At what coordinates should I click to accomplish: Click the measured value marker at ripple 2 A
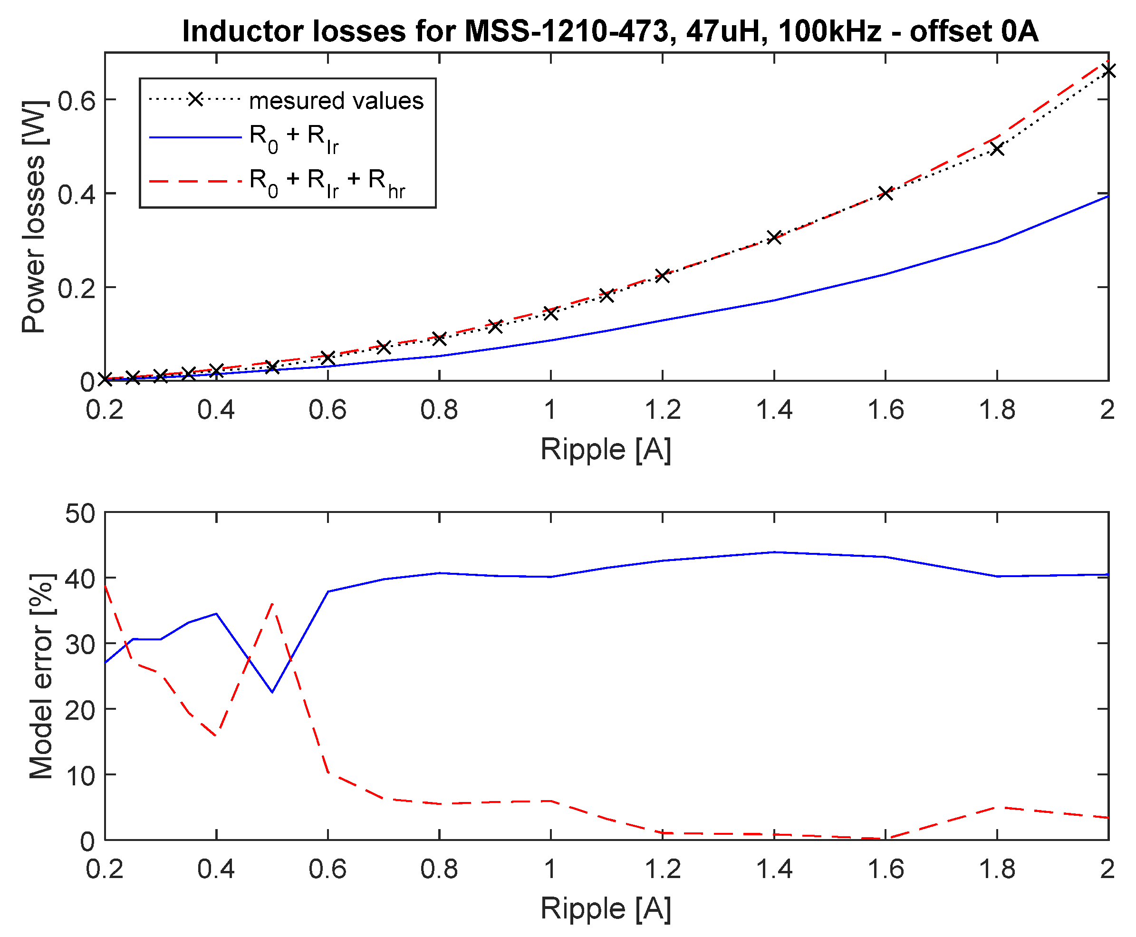(x=1108, y=71)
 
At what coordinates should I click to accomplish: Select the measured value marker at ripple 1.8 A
(x=997, y=148)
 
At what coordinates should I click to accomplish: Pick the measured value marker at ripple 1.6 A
(x=885, y=193)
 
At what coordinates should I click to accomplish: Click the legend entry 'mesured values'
(x=336, y=100)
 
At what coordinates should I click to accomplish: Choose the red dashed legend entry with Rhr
(x=327, y=182)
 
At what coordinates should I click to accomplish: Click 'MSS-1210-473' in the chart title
(x=567, y=31)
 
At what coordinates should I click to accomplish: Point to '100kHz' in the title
(x=830, y=31)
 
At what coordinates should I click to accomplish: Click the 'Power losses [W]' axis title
(x=33, y=216)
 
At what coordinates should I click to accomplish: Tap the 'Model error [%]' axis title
(x=41, y=676)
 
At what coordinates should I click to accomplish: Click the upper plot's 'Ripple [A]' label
(x=606, y=449)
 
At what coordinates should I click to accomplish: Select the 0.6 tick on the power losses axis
(x=77, y=100)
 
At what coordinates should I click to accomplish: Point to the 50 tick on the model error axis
(x=80, y=513)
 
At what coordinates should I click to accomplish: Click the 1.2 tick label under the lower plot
(x=663, y=869)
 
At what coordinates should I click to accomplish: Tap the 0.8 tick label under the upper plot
(x=439, y=410)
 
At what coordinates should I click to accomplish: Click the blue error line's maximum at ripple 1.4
(x=774, y=552)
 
